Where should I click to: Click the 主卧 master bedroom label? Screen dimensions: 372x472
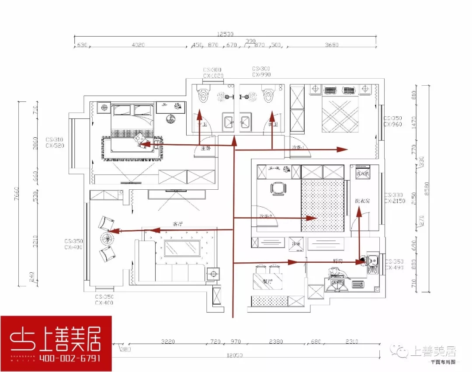[x=205, y=148]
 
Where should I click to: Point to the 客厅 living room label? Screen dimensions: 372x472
[x=177, y=224]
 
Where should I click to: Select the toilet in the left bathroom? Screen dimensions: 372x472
[x=202, y=95]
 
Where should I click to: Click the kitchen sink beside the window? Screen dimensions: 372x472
[x=372, y=263]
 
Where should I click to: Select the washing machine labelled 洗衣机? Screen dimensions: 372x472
[x=362, y=173]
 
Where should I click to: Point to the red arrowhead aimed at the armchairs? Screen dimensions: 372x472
[x=112, y=231]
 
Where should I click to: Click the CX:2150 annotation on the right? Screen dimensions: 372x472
[x=395, y=201]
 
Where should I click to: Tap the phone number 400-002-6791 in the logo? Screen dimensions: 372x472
[x=70, y=358]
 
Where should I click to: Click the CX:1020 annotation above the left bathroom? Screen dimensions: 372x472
[x=213, y=76]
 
